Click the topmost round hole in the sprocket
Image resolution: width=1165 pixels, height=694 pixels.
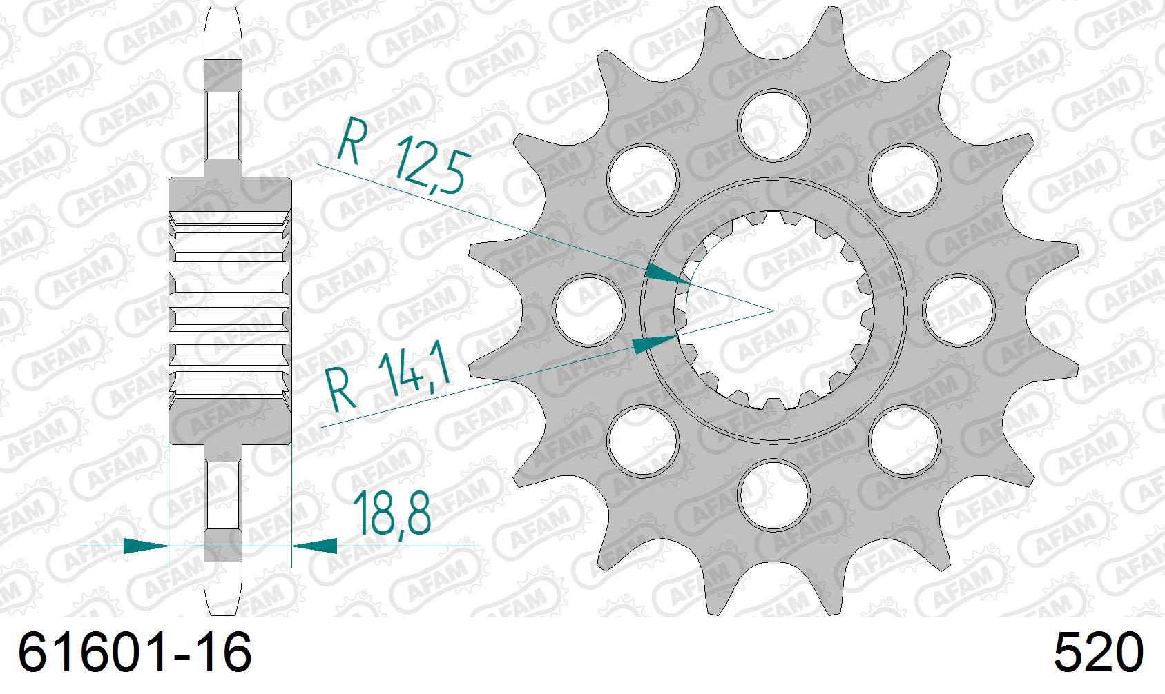pos(773,123)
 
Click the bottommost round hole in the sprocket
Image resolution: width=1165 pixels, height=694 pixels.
pos(773,495)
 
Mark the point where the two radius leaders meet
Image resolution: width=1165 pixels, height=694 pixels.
pos(773,310)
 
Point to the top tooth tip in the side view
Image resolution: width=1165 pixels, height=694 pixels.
pos(222,8)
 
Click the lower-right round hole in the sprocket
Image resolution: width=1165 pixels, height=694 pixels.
pos(905,439)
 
